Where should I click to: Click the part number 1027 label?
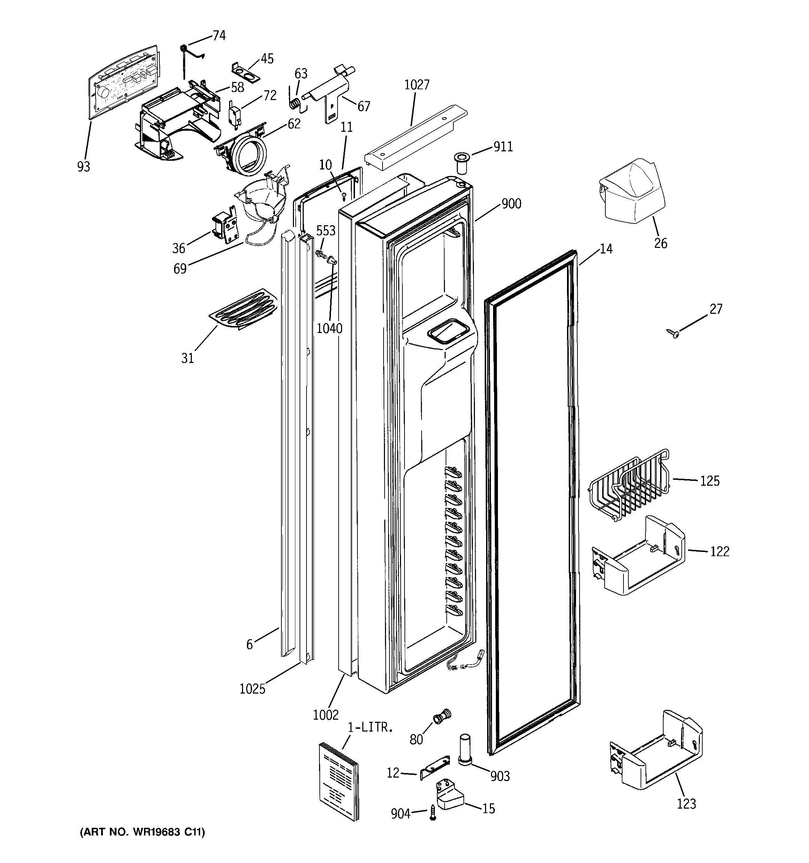[x=416, y=85]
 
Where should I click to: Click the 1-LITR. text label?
[x=370, y=727]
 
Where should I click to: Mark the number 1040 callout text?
[x=329, y=328]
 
